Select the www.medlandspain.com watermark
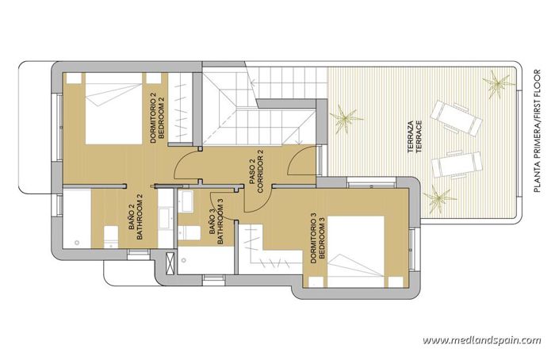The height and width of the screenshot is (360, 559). [481, 340]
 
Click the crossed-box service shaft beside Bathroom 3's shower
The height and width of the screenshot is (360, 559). [170, 262]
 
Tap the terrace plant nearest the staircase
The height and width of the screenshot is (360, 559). [346, 121]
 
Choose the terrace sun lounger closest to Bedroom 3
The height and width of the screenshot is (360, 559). [456, 165]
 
